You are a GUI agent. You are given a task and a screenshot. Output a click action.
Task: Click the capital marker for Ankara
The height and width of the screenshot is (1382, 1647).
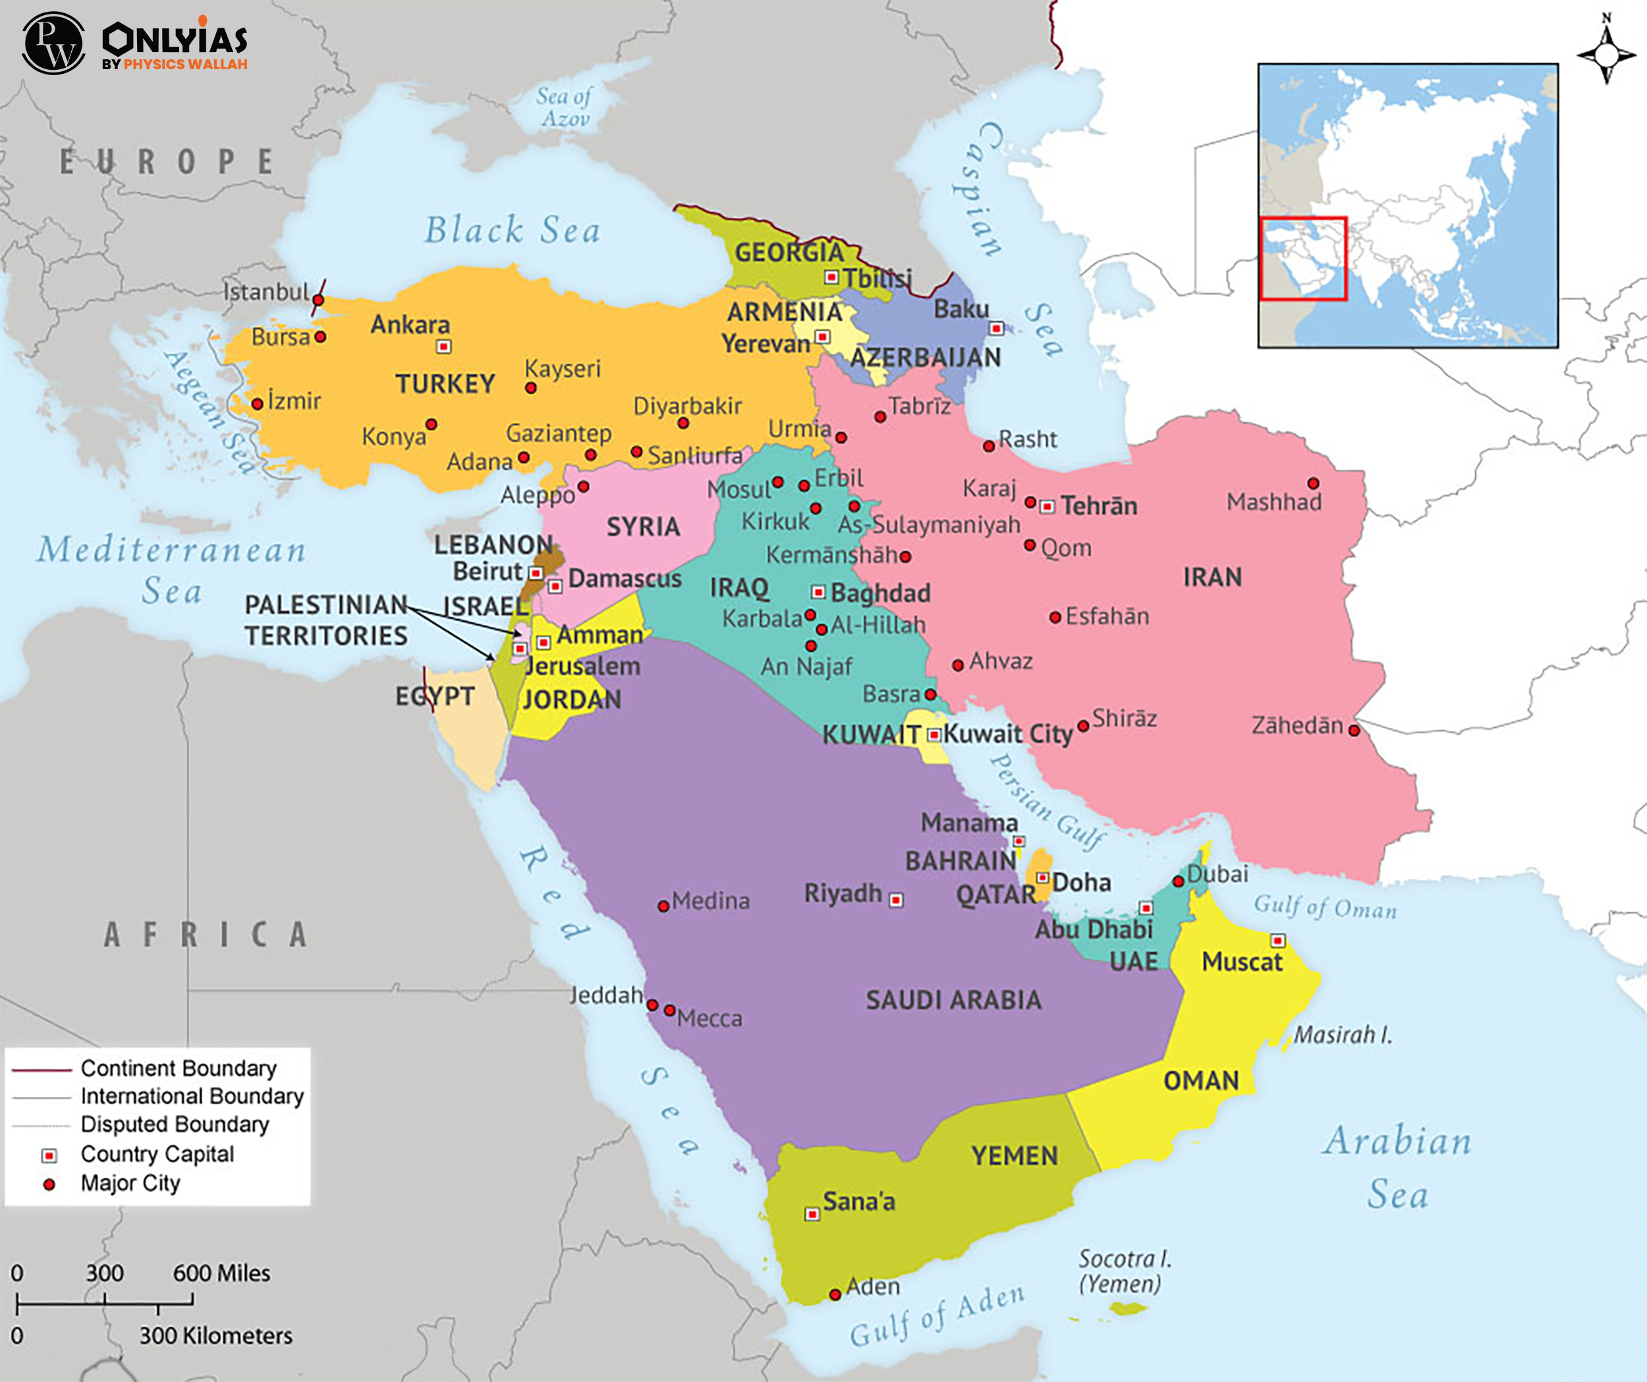pos(444,346)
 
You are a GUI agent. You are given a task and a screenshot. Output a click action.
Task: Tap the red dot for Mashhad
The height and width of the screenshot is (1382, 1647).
pos(1313,483)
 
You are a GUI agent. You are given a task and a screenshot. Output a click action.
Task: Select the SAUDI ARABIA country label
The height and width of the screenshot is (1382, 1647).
pos(954,1000)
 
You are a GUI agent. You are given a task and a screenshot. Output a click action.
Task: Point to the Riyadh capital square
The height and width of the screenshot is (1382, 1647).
pos(897,900)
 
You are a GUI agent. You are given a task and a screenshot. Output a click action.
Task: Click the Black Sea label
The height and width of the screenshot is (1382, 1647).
pos(512,230)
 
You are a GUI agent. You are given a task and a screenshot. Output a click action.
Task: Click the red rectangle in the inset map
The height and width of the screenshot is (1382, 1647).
pos(1302,259)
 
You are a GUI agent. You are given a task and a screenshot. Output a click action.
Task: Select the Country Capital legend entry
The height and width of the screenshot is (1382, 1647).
pos(157,1155)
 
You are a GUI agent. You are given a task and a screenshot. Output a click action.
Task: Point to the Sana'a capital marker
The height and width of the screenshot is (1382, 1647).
pos(812,1214)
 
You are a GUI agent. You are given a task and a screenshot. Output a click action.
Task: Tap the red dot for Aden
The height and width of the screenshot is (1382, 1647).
pos(835,1294)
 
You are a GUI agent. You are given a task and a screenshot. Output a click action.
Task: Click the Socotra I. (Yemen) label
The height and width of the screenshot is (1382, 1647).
pos(1123,1271)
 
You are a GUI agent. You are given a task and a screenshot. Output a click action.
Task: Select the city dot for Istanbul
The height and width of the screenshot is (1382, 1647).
pos(318,300)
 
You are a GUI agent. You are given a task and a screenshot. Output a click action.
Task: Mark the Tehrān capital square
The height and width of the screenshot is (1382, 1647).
pos(1047,507)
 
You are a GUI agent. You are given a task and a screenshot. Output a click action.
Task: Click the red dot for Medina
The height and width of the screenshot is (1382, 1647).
pos(663,906)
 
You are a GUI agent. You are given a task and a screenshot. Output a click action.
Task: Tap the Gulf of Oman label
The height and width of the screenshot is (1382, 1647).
pos(1325,908)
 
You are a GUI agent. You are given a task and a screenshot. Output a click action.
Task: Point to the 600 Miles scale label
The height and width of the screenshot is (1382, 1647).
pos(221,1273)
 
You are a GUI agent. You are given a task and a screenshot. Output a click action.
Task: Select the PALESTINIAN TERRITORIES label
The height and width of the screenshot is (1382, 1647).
pos(325,620)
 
